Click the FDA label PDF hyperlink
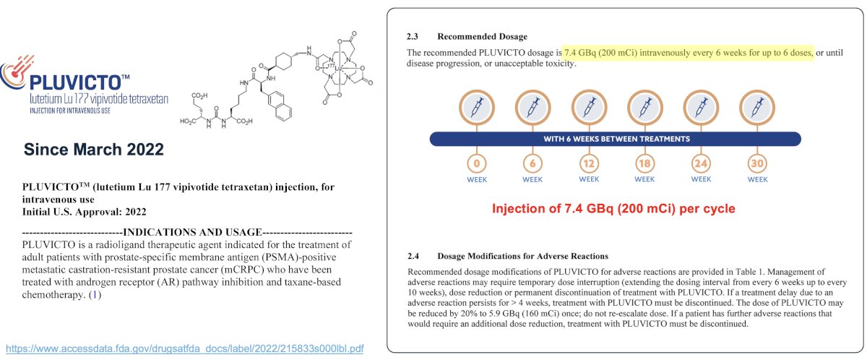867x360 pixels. pyautogui.click(x=185, y=348)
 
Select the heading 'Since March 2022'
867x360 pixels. pyautogui.click(x=94, y=150)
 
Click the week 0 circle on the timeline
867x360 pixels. pyautogui.click(x=476, y=163)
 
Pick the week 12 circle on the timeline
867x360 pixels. pyautogui.click(x=589, y=163)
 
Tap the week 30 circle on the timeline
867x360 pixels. pyautogui.click(x=757, y=163)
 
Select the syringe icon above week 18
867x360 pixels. pyautogui.click(x=644, y=107)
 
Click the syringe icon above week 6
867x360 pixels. pyautogui.click(x=532, y=107)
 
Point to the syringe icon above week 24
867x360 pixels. pyautogui.click(x=701, y=107)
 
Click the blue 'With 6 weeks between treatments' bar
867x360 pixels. pyautogui.click(x=616, y=139)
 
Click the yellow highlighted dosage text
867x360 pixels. pyautogui.click(x=688, y=53)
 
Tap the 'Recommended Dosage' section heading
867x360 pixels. pyautogui.click(x=483, y=36)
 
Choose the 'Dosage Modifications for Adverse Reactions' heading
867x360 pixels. pyautogui.click(x=522, y=256)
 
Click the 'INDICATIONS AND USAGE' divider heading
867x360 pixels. pyautogui.click(x=192, y=232)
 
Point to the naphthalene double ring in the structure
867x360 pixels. pyautogui.click(x=280, y=106)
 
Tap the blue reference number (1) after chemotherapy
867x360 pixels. pyautogui.click(x=95, y=295)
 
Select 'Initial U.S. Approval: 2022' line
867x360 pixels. pyautogui.click(x=84, y=212)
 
